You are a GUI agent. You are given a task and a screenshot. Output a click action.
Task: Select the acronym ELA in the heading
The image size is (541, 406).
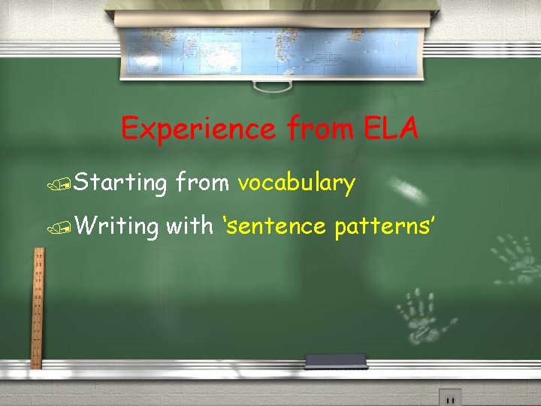tap(392, 129)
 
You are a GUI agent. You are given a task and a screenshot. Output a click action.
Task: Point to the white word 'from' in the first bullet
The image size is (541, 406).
tap(201, 182)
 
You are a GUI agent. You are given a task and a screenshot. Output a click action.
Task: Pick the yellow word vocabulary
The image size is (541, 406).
tap(296, 182)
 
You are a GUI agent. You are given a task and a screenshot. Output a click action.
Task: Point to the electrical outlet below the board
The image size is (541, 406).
tap(450, 397)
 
